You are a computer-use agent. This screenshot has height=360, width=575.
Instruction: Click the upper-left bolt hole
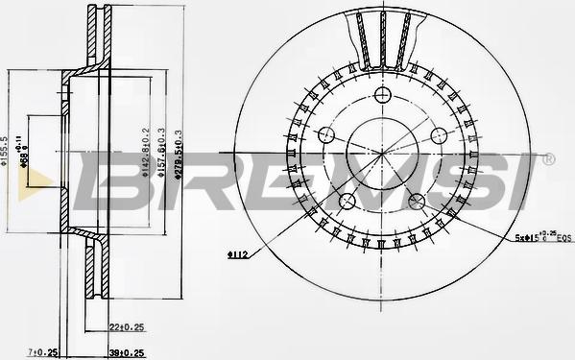pos(326,134)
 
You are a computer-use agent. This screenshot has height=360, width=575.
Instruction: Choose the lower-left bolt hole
pos(347,201)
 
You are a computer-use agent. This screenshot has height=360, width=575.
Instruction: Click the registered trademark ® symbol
pos(548,156)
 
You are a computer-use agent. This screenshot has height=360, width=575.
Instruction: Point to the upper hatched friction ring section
pos(94,38)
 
